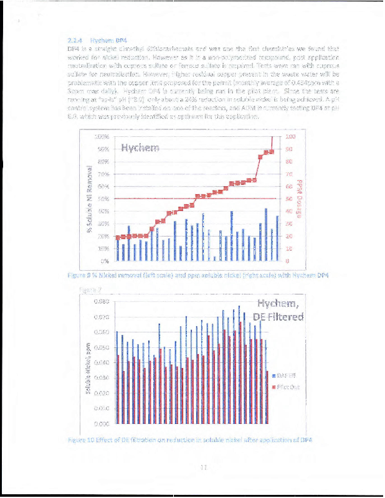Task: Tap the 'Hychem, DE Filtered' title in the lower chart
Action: pyautogui.click(x=281, y=311)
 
